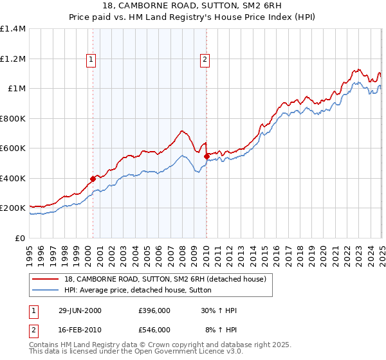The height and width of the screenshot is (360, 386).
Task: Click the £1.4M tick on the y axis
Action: point(14,29)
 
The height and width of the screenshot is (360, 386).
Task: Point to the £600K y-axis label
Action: point(14,148)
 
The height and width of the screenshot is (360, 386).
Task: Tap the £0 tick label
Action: point(20,238)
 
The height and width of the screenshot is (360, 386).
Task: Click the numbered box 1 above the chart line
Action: point(91,60)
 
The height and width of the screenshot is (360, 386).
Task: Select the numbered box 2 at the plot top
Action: point(205,60)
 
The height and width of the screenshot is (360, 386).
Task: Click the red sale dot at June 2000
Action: point(93,179)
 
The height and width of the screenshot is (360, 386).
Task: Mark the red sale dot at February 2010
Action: point(207,156)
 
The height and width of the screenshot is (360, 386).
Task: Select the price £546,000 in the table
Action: point(154,329)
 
